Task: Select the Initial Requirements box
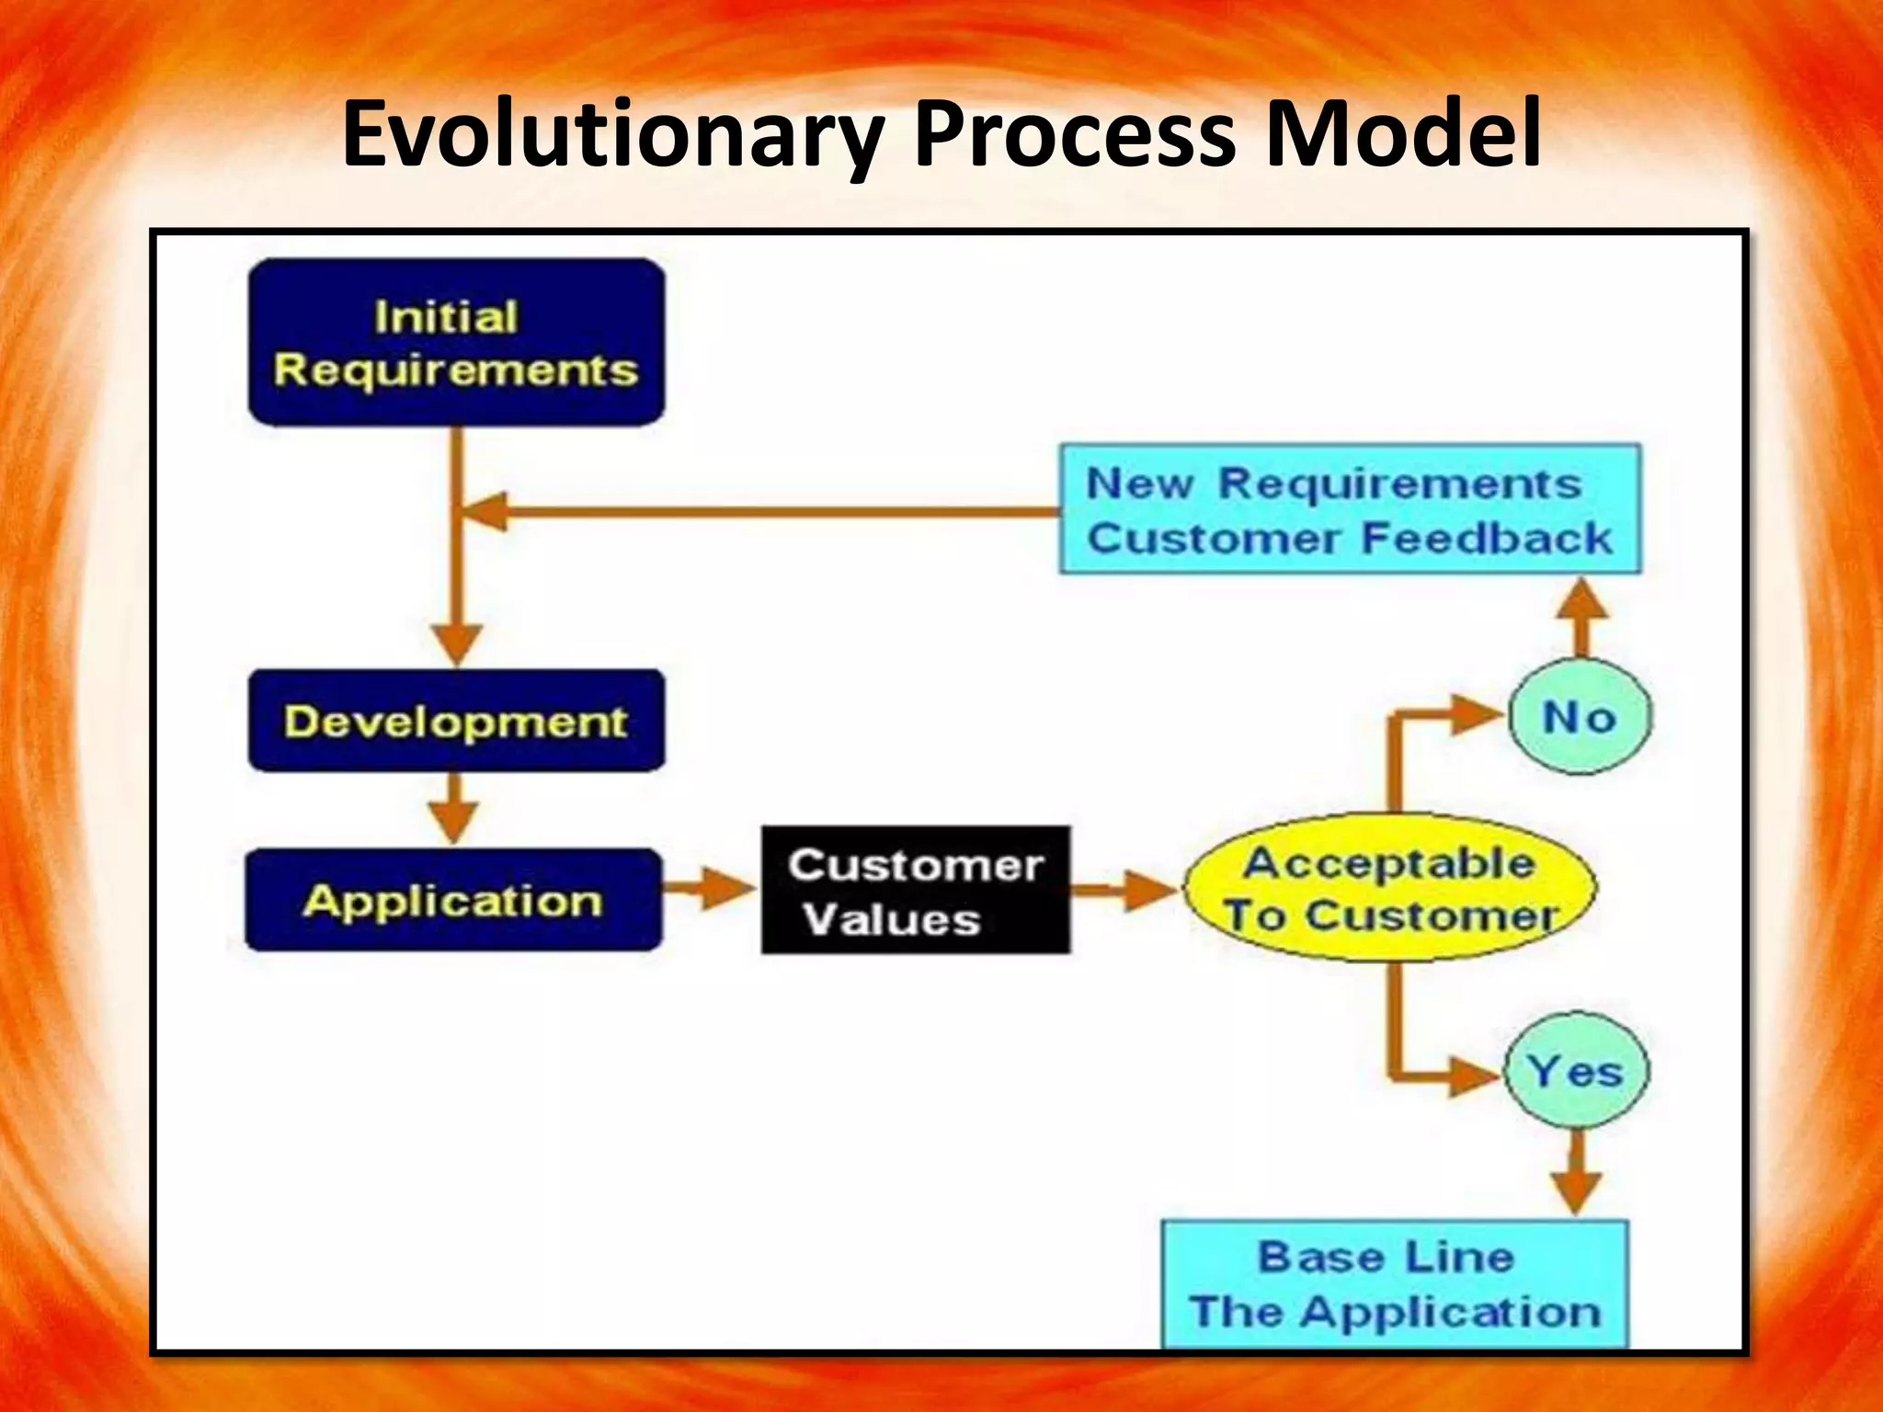point(456,342)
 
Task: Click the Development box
point(456,721)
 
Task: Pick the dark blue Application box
point(453,900)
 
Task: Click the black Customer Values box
point(916,890)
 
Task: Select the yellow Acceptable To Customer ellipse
point(1390,888)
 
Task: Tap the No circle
point(1580,716)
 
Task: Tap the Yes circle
point(1576,1071)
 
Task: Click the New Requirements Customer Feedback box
point(1350,510)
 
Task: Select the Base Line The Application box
point(1394,1283)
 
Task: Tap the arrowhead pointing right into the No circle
point(1477,715)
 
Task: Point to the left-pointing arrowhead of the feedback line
point(485,511)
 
